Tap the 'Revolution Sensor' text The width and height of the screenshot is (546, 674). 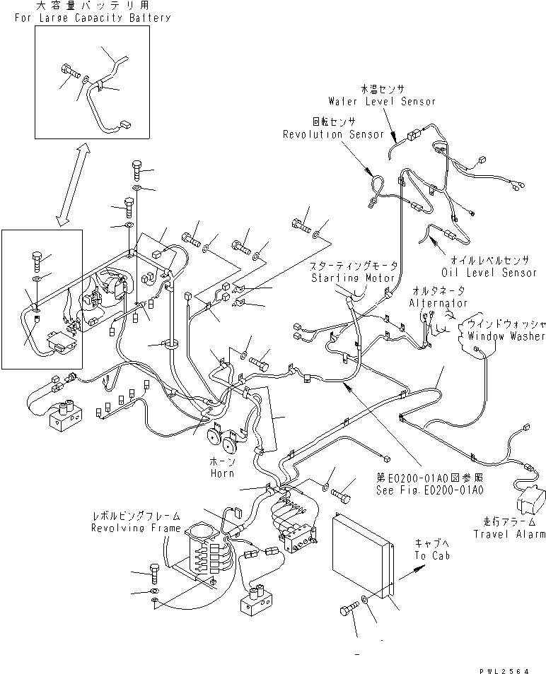(x=333, y=134)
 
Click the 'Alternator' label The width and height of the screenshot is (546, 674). (x=438, y=302)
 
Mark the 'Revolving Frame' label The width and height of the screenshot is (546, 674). (x=135, y=528)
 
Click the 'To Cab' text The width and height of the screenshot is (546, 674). (x=430, y=555)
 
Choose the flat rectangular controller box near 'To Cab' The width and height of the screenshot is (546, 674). (x=361, y=556)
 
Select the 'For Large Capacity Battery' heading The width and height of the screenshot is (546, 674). (x=92, y=17)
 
